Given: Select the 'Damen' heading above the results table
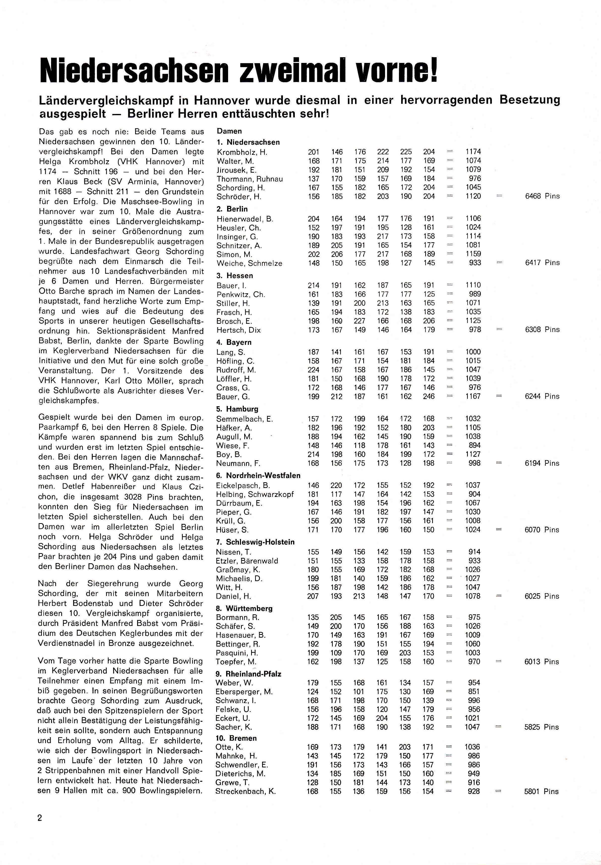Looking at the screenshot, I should click(229, 131).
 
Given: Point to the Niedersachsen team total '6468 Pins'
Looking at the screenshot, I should click(542, 196).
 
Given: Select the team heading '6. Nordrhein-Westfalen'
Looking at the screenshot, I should click(258, 476).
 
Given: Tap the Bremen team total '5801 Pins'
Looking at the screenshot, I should click(541, 791).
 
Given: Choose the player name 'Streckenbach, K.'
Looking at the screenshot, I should click(245, 791).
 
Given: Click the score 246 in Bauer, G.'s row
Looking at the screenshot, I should click(429, 396).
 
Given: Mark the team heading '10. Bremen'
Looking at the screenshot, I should click(236, 738).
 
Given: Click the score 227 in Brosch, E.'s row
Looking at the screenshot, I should click(360, 321).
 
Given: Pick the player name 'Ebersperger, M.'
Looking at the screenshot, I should click(244, 692).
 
